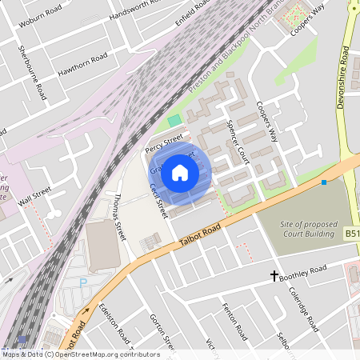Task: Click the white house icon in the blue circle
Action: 180,172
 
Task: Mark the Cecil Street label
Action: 157,200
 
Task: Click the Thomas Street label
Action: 120,217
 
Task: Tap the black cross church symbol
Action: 274,276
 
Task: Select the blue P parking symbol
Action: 82,282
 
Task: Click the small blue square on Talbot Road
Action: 323,183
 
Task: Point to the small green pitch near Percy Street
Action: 174,121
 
